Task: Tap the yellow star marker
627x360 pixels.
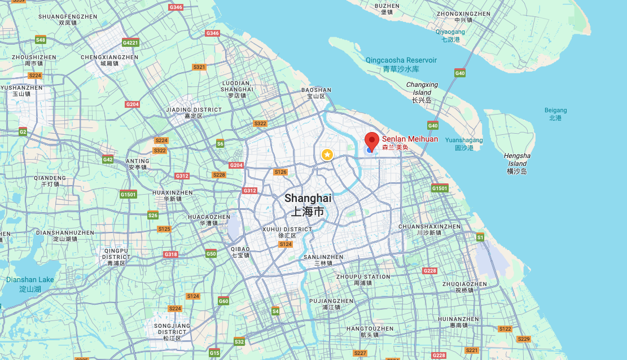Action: [327, 154]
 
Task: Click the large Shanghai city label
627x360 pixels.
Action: [308, 205]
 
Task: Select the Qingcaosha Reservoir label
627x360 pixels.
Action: [401, 64]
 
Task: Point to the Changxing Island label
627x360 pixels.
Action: [422, 92]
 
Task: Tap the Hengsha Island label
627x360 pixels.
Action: [517, 163]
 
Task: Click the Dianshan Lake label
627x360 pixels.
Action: [30, 284]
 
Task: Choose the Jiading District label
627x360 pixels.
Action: [193, 112]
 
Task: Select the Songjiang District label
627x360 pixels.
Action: [172, 332]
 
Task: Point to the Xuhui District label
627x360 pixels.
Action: [287, 232]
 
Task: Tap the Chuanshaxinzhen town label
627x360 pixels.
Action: [429, 229]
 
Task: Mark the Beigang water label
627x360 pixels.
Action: [555, 114]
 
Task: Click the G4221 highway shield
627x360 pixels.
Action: [130, 43]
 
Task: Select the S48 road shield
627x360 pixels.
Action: [41, 39]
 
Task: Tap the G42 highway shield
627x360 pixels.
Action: [108, 160]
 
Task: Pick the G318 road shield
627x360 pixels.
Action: [170, 254]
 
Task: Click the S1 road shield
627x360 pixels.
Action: [480, 238]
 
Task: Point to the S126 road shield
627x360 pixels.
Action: [280, 172]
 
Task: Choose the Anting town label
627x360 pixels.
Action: [138, 164]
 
